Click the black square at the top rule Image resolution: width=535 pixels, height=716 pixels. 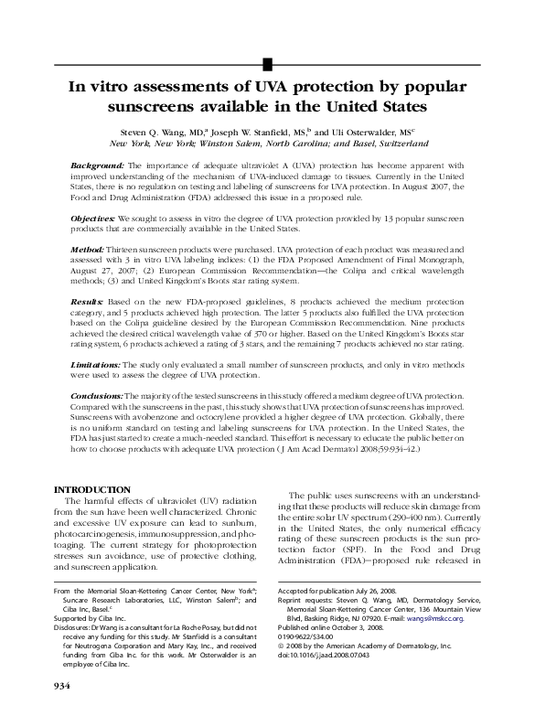(x=267, y=63)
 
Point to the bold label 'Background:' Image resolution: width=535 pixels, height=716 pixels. (x=97, y=166)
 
